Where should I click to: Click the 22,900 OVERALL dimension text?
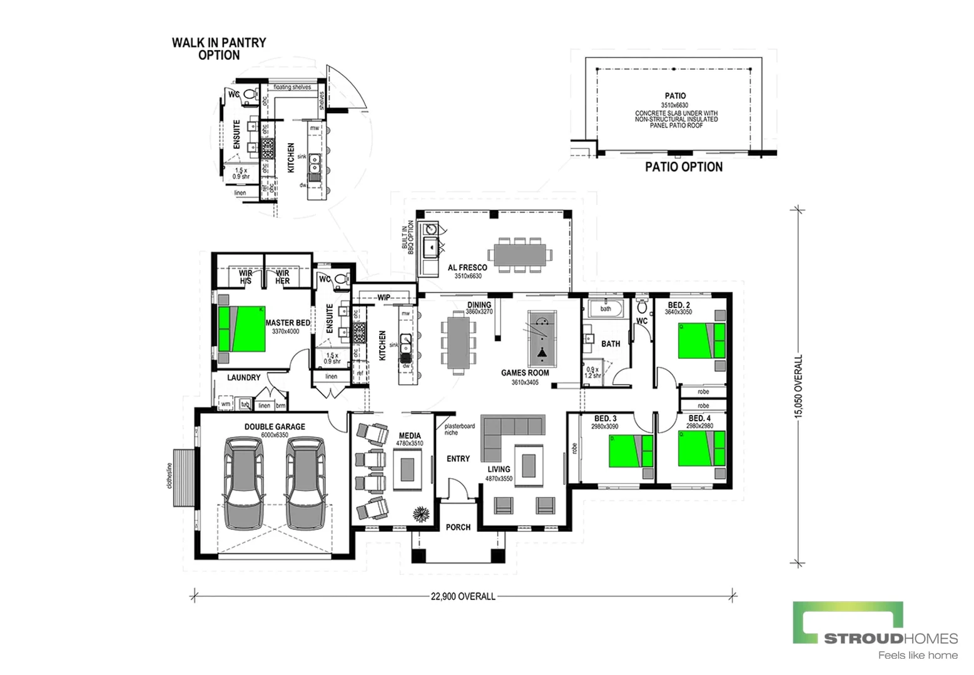(463, 596)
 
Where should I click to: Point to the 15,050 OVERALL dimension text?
(798, 386)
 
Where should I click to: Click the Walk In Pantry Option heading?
(219, 49)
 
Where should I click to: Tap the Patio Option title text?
(684, 167)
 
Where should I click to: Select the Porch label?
(458, 527)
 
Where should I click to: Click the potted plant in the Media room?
(421, 513)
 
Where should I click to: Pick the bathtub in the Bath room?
(606, 309)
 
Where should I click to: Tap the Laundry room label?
(243, 377)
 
